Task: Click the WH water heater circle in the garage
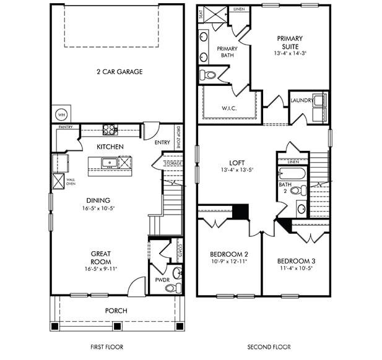pos(61,114)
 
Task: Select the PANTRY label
pos(66,127)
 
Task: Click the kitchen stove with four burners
pos(110,129)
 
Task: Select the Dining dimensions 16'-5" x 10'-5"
pos(98,208)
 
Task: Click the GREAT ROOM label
pos(101,257)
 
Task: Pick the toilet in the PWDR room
pos(171,288)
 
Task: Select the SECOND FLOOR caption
pos(269,347)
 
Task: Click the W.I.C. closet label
pos(230,108)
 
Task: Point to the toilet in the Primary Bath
pos(209,75)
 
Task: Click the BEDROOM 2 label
pos(228,254)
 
